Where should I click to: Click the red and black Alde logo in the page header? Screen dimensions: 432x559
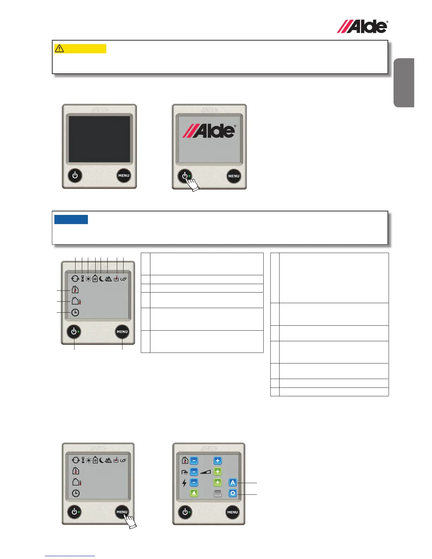(x=362, y=27)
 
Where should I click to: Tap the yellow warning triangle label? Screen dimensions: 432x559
(x=80, y=48)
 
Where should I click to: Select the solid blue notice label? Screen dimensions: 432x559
(x=71, y=219)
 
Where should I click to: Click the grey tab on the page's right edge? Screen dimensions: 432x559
(x=404, y=83)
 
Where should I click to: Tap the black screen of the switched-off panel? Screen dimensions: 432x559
(x=99, y=139)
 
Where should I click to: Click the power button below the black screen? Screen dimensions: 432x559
(x=75, y=175)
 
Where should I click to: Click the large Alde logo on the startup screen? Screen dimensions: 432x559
(x=209, y=131)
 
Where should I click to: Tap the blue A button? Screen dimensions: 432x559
(x=233, y=482)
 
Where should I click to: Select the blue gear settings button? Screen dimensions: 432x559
(x=233, y=493)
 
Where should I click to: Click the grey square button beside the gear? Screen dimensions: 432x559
(x=218, y=493)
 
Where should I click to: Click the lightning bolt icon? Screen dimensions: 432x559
(x=184, y=483)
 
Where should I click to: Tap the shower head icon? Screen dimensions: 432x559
(x=184, y=472)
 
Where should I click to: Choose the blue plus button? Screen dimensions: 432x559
(x=218, y=461)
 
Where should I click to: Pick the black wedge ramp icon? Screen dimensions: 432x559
(x=205, y=472)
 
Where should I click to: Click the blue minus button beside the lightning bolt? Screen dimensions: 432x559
(x=194, y=482)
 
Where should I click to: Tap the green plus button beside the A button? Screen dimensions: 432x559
(x=218, y=482)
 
